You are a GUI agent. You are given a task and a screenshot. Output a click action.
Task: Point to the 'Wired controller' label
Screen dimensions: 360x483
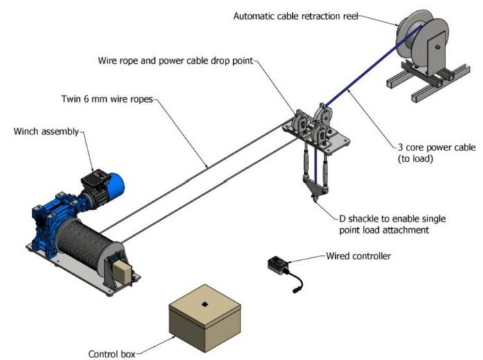click(358, 256)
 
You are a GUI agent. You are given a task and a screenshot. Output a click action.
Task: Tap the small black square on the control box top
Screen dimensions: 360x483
click(206, 303)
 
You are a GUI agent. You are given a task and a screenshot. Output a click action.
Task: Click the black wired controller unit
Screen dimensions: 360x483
click(280, 266)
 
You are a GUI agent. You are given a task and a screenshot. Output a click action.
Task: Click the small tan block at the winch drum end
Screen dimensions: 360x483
click(121, 273)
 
